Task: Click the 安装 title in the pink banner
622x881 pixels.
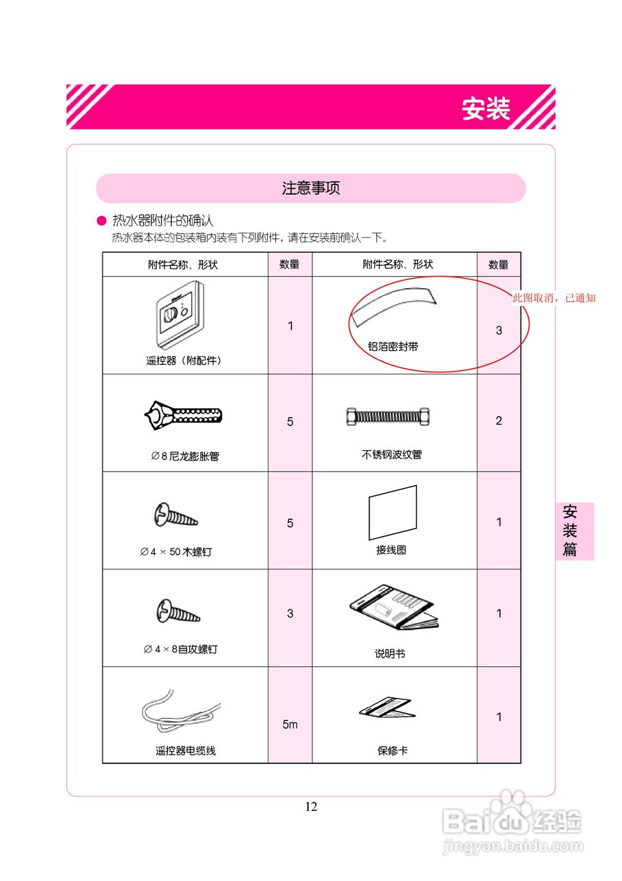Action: pyautogui.click(x=486, y=109)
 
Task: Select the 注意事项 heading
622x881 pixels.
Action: pyautogui.click(x=311, y=188)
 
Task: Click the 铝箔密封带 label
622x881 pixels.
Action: pyautogui.click(x=393, y=347)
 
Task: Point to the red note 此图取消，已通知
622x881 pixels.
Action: pyautogui.click(x=554, y=298)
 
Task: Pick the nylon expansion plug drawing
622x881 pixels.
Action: pyautogui.click(x=183, y=415)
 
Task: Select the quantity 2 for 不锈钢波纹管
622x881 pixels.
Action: pyautogui.click(x=499, y=421)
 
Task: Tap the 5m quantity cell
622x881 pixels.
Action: pyautogui.click(x=290, y=725)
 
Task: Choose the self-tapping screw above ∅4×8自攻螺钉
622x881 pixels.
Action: pyautogui.click(x=178, y=611)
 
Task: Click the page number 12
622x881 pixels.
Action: pyautogui.click(x=311, y=807)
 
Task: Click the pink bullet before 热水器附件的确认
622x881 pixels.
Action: pyautogui.click(x=102, y=221)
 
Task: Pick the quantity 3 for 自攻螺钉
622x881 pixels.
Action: pyautogui.click(x=290, y=613)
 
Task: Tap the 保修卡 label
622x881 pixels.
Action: pyautogui.click(x=392, y=750)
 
